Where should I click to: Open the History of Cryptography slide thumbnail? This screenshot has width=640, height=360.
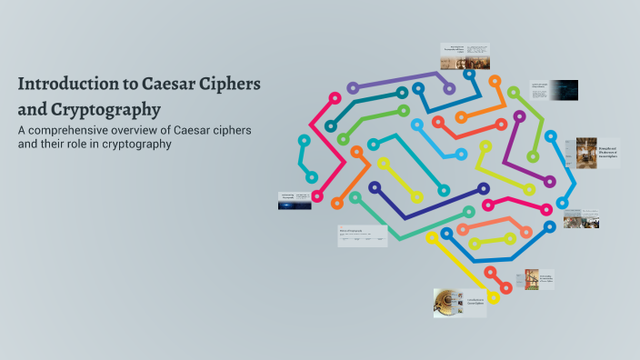[x=362, y=235]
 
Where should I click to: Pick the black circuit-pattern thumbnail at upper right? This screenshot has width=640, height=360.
[x=554, y=89]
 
